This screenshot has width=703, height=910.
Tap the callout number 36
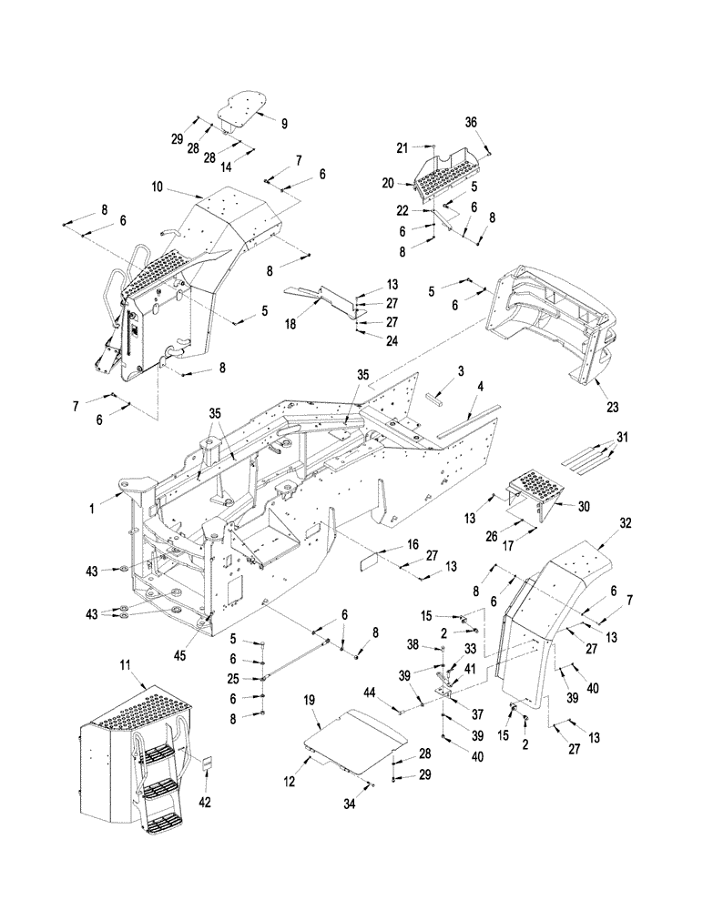pyautogui.click(x=495, y=123)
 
